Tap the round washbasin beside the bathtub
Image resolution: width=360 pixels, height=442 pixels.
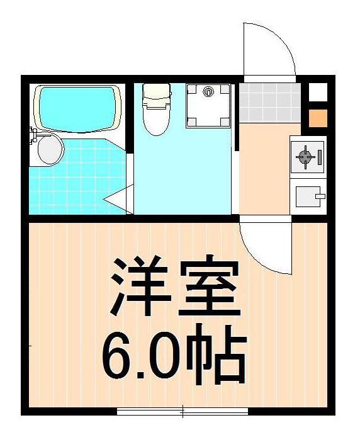click(49, 150)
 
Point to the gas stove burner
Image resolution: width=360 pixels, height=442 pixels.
click(306, 156)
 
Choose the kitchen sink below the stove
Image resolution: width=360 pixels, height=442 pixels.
click(309, 196)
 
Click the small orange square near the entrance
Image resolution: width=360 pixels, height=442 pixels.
click(318, 118)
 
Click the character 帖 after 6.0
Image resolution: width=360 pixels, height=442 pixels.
click(217, 356)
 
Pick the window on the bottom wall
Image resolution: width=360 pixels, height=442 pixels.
click(183, 412)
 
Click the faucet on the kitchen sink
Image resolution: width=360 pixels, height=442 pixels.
click(320, 196)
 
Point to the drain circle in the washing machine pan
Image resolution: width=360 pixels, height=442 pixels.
click(207, 93)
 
